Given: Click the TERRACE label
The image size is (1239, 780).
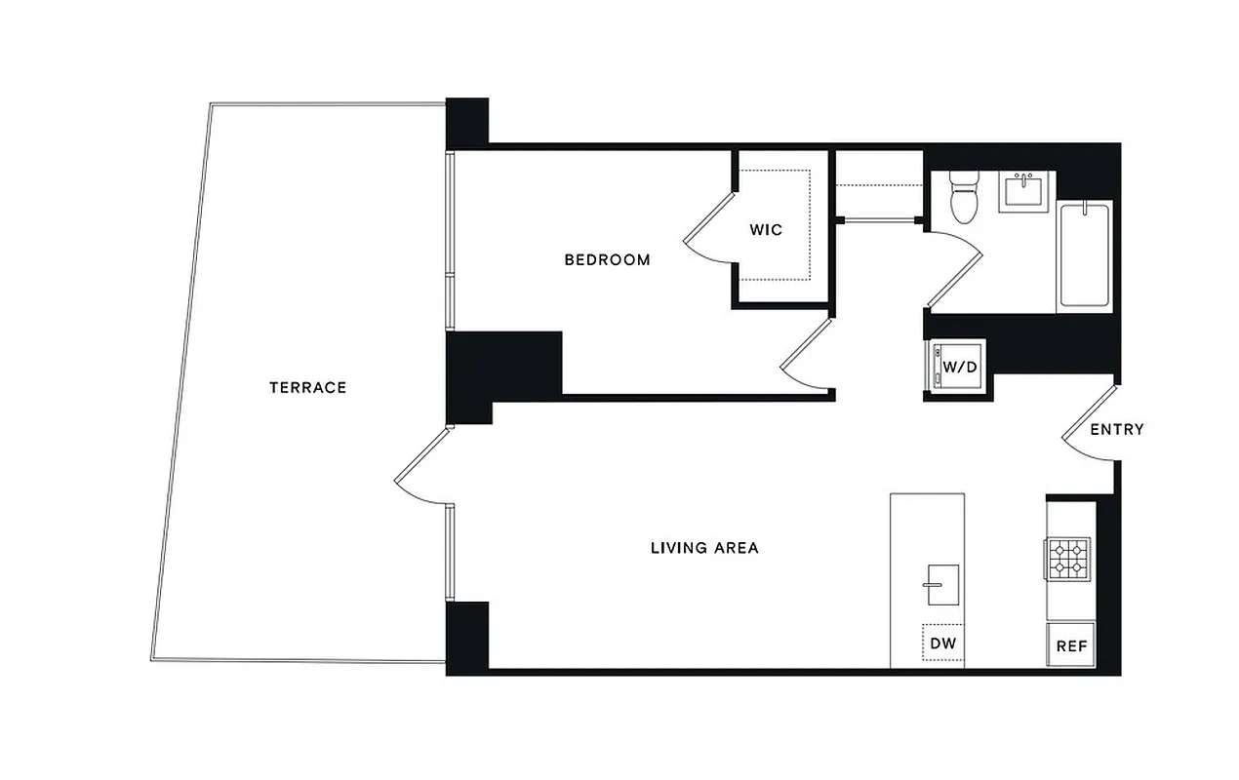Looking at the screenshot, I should [x=307, y=387].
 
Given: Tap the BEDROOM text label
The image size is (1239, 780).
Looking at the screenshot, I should [x=607, y=259].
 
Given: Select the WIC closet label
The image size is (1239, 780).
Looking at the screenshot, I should [x=766, y=230].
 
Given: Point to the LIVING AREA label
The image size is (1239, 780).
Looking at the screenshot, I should [x=704, y=548].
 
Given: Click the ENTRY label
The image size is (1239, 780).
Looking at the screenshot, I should [x=1116, y=429].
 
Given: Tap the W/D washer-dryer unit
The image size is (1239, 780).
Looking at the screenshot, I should [x=957, y=368].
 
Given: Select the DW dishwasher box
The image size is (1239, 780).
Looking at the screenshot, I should [x=941, y=643].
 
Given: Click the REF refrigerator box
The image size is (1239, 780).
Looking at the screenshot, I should [x=1071, y=645].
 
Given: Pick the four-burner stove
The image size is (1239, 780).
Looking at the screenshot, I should [x=1069, y=559].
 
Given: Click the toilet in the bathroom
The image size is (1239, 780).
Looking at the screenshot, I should [x=964, y=198].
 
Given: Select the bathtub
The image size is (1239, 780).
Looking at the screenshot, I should [x=1085, y=254].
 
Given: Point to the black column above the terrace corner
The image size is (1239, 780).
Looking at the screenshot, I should [x=467, y=123].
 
